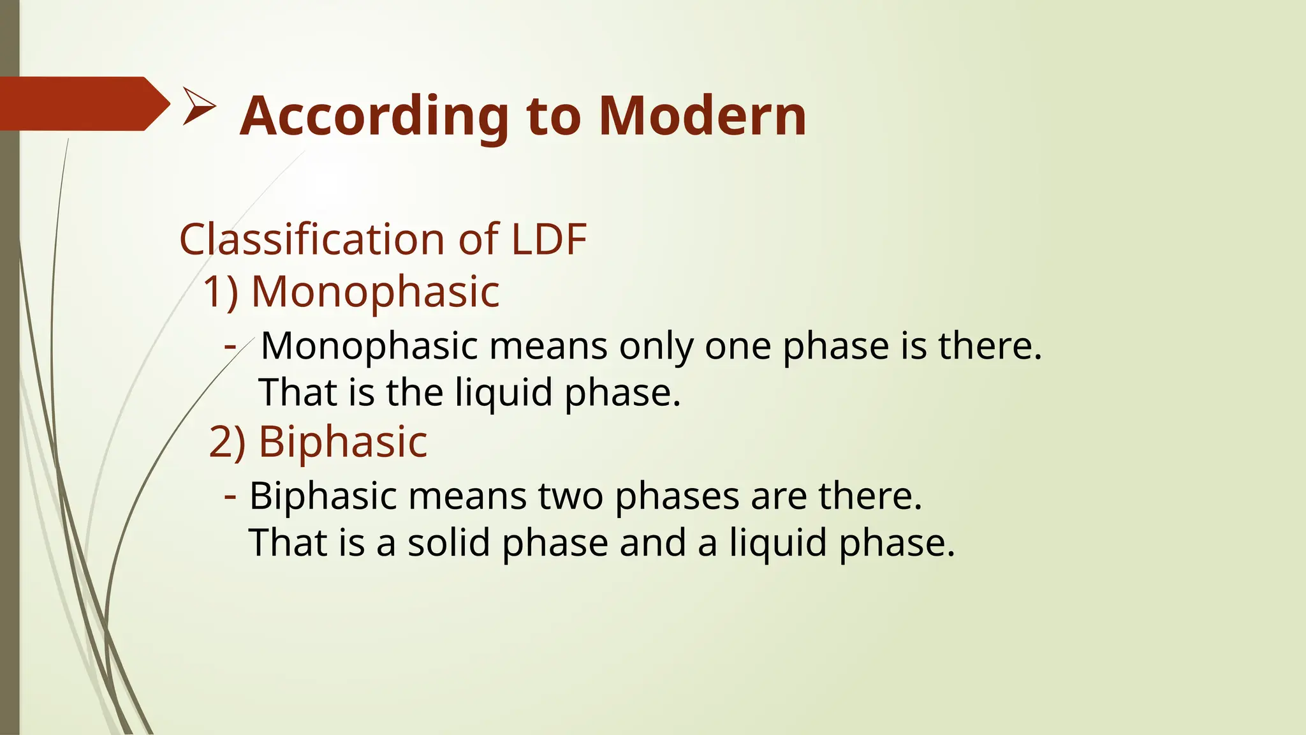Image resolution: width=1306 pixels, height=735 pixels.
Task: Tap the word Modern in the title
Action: click(x=703, y=117)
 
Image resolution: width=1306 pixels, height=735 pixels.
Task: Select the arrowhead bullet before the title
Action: click(x=199, y=106)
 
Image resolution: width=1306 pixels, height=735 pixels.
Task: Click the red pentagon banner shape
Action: click(x=83, y=104)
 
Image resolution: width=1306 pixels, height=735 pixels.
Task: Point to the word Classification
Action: click(x=312, y=240)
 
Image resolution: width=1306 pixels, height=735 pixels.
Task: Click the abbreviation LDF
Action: click(x=549, y=240)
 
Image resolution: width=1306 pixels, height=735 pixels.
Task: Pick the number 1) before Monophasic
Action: click(x=221, y=292)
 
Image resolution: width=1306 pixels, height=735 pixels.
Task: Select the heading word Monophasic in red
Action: click(x=375, y=292)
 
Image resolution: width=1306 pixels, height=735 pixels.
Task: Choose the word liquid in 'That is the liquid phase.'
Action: click(x=504, y=392)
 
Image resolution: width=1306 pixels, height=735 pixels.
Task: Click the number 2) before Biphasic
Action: click(x=227, y=442)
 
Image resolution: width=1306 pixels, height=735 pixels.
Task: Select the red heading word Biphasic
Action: click(x=342, y=442)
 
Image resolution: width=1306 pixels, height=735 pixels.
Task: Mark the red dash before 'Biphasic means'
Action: click(x=231, y=494)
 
